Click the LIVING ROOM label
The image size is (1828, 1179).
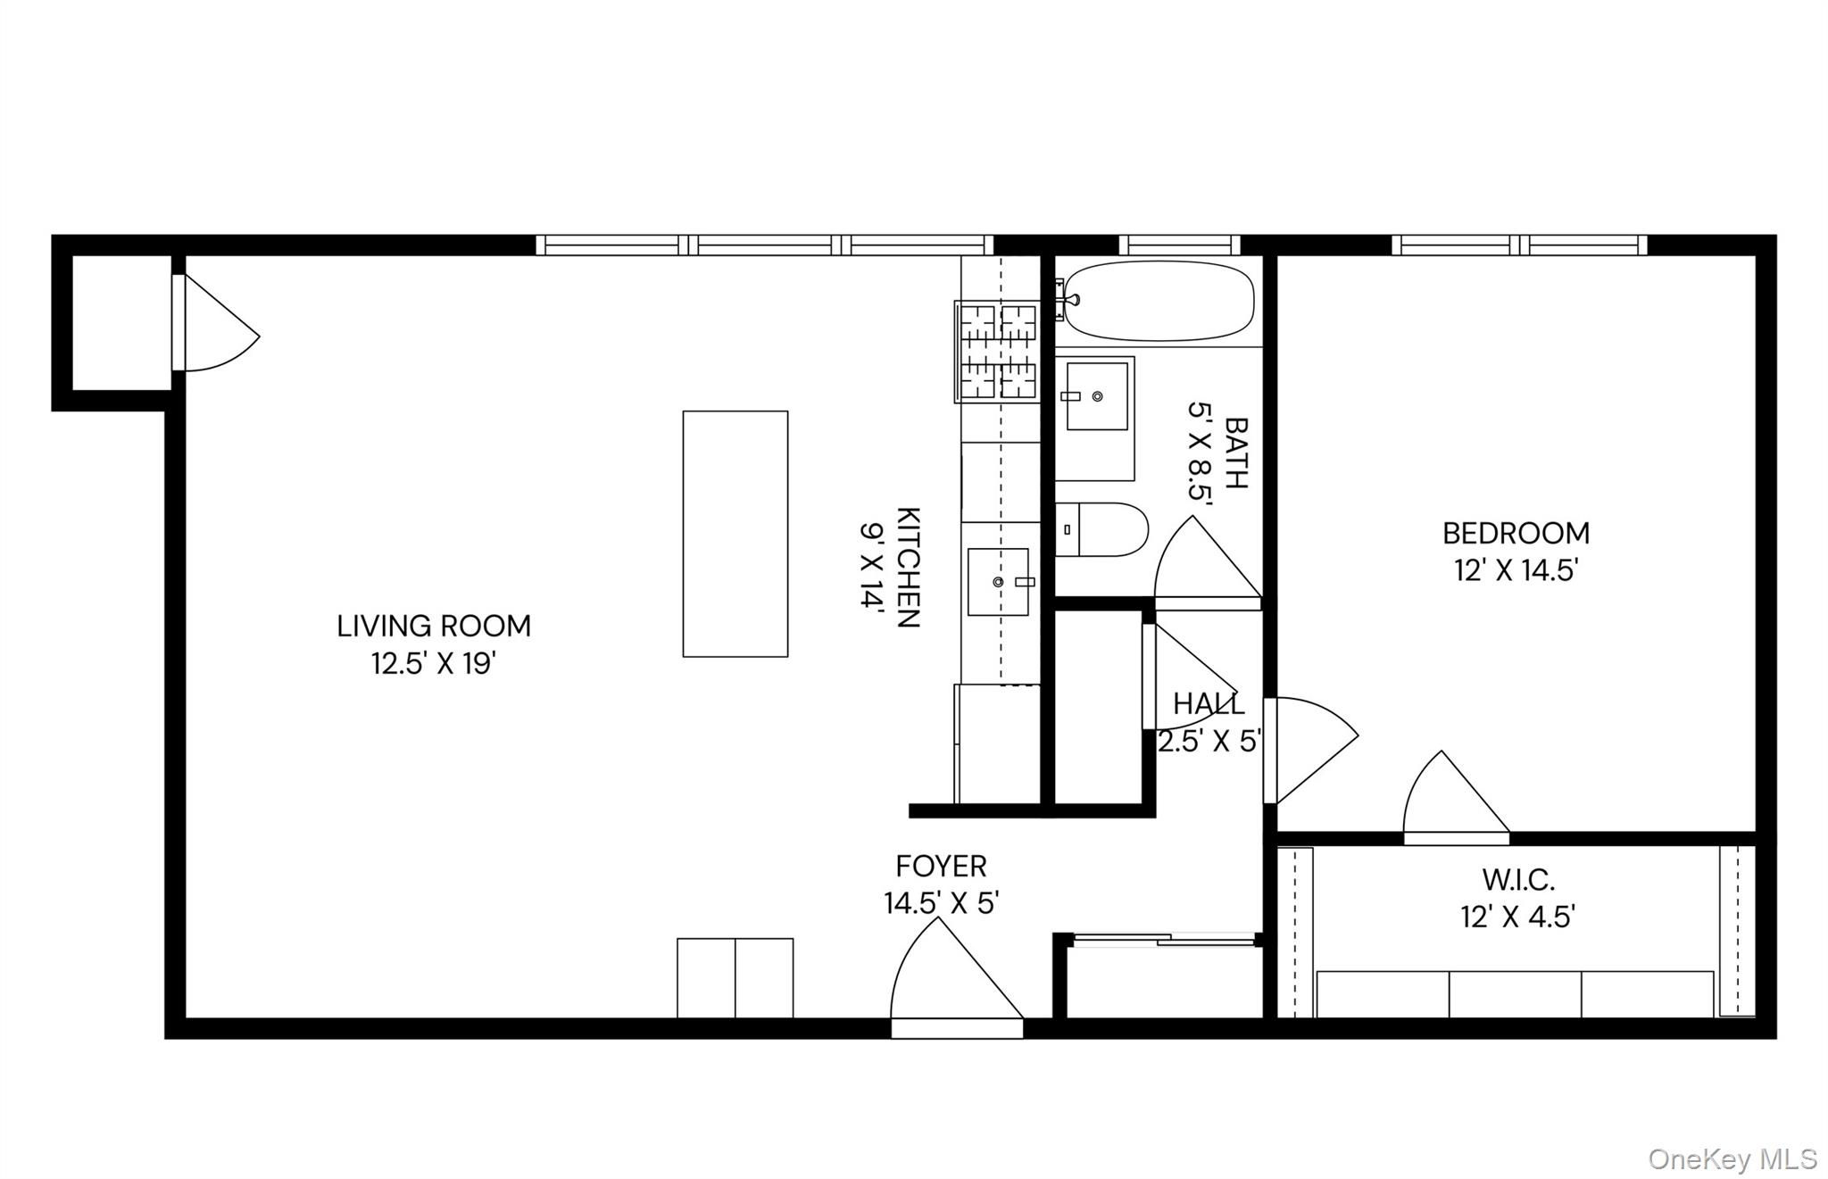[x=434, y=626]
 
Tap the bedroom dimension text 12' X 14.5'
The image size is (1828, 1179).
[x=1516, y=570]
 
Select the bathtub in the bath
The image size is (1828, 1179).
[x=1159, y=301]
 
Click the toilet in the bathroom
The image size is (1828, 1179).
[x=1101, y=529]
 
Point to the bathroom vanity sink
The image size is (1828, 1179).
[x=1096, y=396]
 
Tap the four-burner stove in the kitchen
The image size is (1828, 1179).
[x=998, y=352]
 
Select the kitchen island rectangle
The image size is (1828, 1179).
[x=735, y=534]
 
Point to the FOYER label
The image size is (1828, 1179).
[x=941, y=866]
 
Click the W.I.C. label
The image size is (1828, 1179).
[x=1518, y=880]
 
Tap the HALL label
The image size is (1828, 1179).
[x=1208, y=704]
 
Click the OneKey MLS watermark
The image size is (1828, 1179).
[x=1732, y=1158]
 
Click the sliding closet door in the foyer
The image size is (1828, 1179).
[x=1163, y=939]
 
